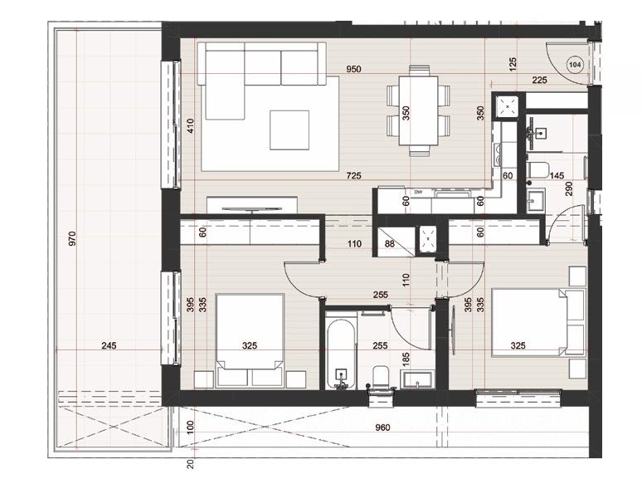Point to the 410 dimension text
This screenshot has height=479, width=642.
[x=190, y=126]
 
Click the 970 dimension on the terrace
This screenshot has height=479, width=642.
[x=73, y=240]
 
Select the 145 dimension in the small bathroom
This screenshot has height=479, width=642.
[x=557, y=176]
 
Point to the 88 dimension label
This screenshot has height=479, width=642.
[x=391, y=243]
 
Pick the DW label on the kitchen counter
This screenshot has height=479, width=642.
[x=419, y=192]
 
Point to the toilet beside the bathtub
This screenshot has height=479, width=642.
[x=381, y=378]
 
